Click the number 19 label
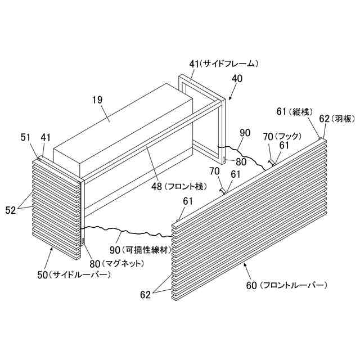97,100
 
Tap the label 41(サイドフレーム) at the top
223,64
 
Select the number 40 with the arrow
237,79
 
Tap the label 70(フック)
283,136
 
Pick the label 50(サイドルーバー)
73,274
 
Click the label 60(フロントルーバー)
286,285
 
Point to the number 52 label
11,210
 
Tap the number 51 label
26,137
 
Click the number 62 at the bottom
146,294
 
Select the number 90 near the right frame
245,133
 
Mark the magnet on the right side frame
224,160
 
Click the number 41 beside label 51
46,137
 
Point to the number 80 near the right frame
241,161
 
